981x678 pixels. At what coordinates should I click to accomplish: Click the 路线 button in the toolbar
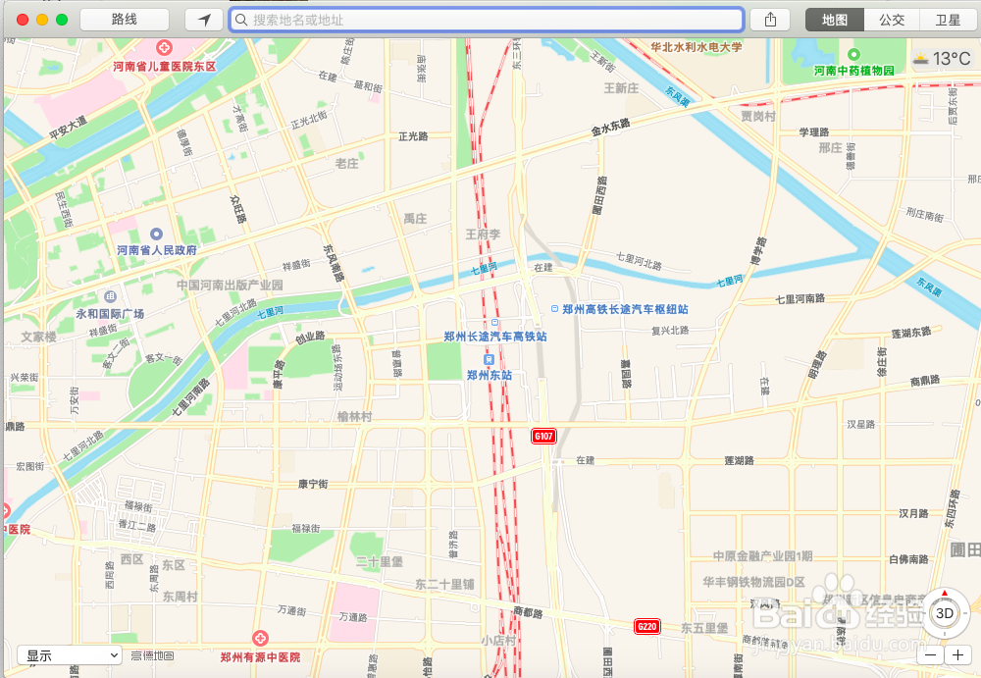tap(125, 20)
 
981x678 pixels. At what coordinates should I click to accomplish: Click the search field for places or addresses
tap(486, 20)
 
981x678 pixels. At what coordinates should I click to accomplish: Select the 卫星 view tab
tap(948, 20)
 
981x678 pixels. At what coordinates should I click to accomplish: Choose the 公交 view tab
tap(892, 20)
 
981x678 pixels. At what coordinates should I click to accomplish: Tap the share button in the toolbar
tap(770, 20)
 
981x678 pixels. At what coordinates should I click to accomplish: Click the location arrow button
tap(204, 20)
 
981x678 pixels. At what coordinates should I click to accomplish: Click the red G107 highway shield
tap(543, 436)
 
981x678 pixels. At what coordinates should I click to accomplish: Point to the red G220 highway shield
tap(646, 626)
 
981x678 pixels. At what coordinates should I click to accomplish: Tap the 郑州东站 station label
tap(490, 374)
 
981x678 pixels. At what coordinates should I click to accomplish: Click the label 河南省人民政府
tap(157, 250)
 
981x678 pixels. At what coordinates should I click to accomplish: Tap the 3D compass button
tap(945, 613)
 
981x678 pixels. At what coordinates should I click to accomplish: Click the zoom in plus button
tap(958, 654)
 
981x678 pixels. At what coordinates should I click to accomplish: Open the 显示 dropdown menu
tap(69, 654)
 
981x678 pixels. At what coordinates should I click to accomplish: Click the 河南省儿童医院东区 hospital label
tap(164, 67)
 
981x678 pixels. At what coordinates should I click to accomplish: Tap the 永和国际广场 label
tap(110, 313)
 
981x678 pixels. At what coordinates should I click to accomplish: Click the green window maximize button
tap(62, 20)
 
